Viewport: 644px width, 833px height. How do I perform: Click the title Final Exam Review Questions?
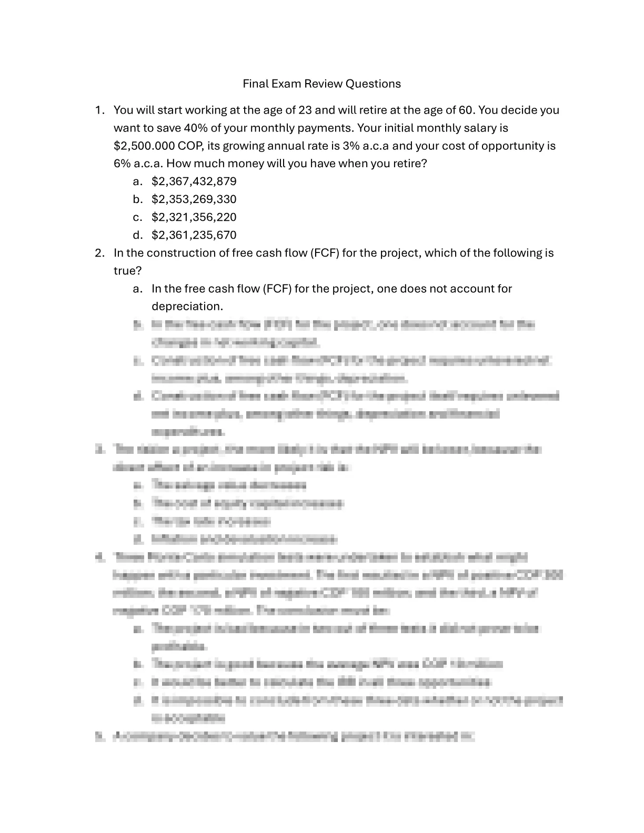coord(321,84)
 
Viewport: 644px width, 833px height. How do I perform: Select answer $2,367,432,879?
coord(194,181)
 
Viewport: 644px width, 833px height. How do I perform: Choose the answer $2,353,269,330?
coord(194,199)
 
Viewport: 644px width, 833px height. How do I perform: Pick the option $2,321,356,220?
coord(194,217)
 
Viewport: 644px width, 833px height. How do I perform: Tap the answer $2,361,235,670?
coord(194,235)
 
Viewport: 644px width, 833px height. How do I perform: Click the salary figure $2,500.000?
coord(144,146)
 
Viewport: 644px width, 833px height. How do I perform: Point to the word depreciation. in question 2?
coord(187,307)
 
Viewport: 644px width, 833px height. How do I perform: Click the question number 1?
coord(98,110)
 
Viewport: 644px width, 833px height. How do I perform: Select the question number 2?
coord(99,253)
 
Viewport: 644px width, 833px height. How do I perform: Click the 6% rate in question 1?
coord(120,164)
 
